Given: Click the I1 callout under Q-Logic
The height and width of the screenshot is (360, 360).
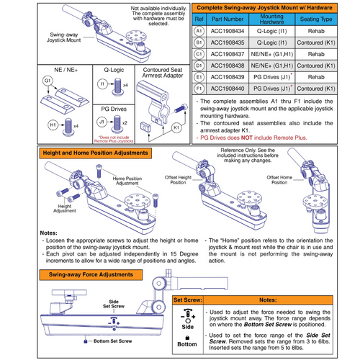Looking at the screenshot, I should [102, 85].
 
